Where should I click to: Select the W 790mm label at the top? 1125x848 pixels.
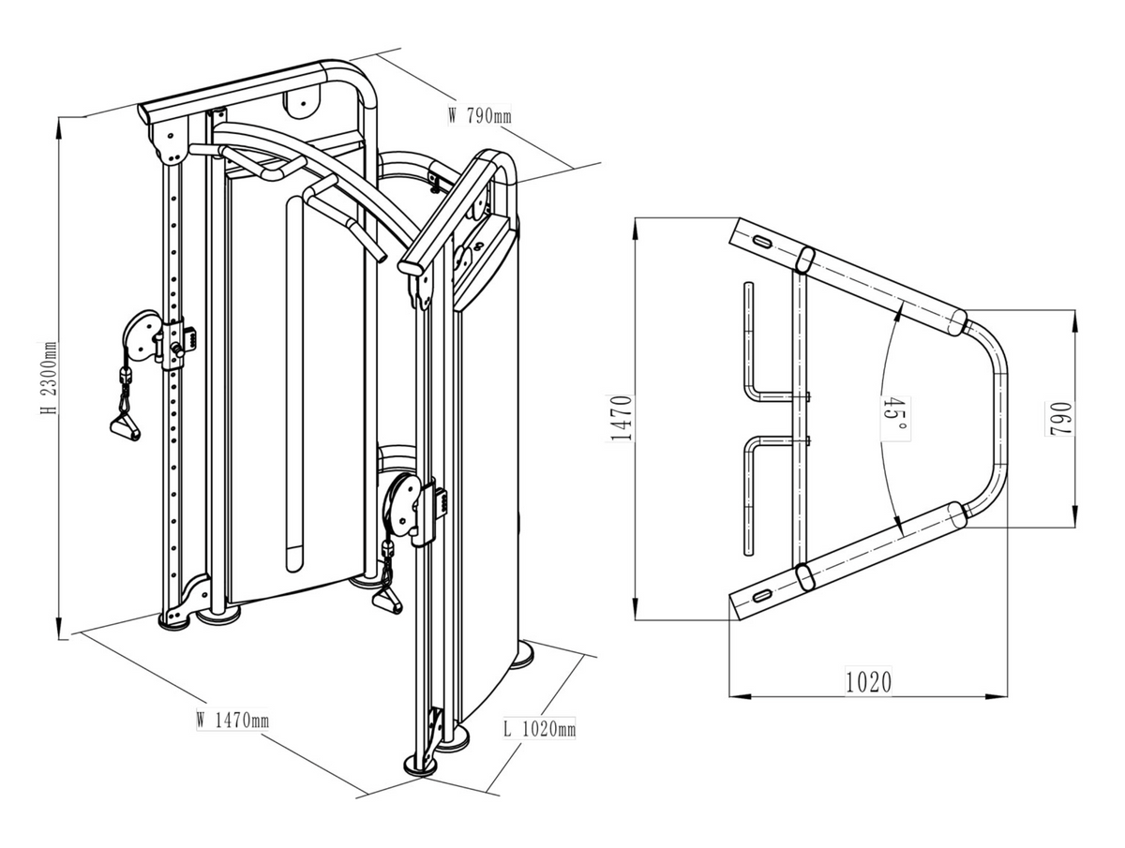[479, 117]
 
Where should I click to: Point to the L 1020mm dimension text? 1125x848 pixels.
[539, 728]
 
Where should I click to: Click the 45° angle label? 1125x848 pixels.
[893, 416]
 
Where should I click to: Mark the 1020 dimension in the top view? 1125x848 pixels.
[867, 681]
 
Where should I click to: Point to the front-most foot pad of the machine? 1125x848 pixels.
[420, 764]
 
